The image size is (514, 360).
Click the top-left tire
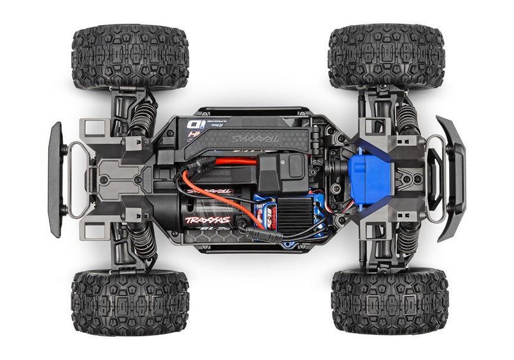coord(130,56)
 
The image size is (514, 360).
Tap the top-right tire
coord(385,56)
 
